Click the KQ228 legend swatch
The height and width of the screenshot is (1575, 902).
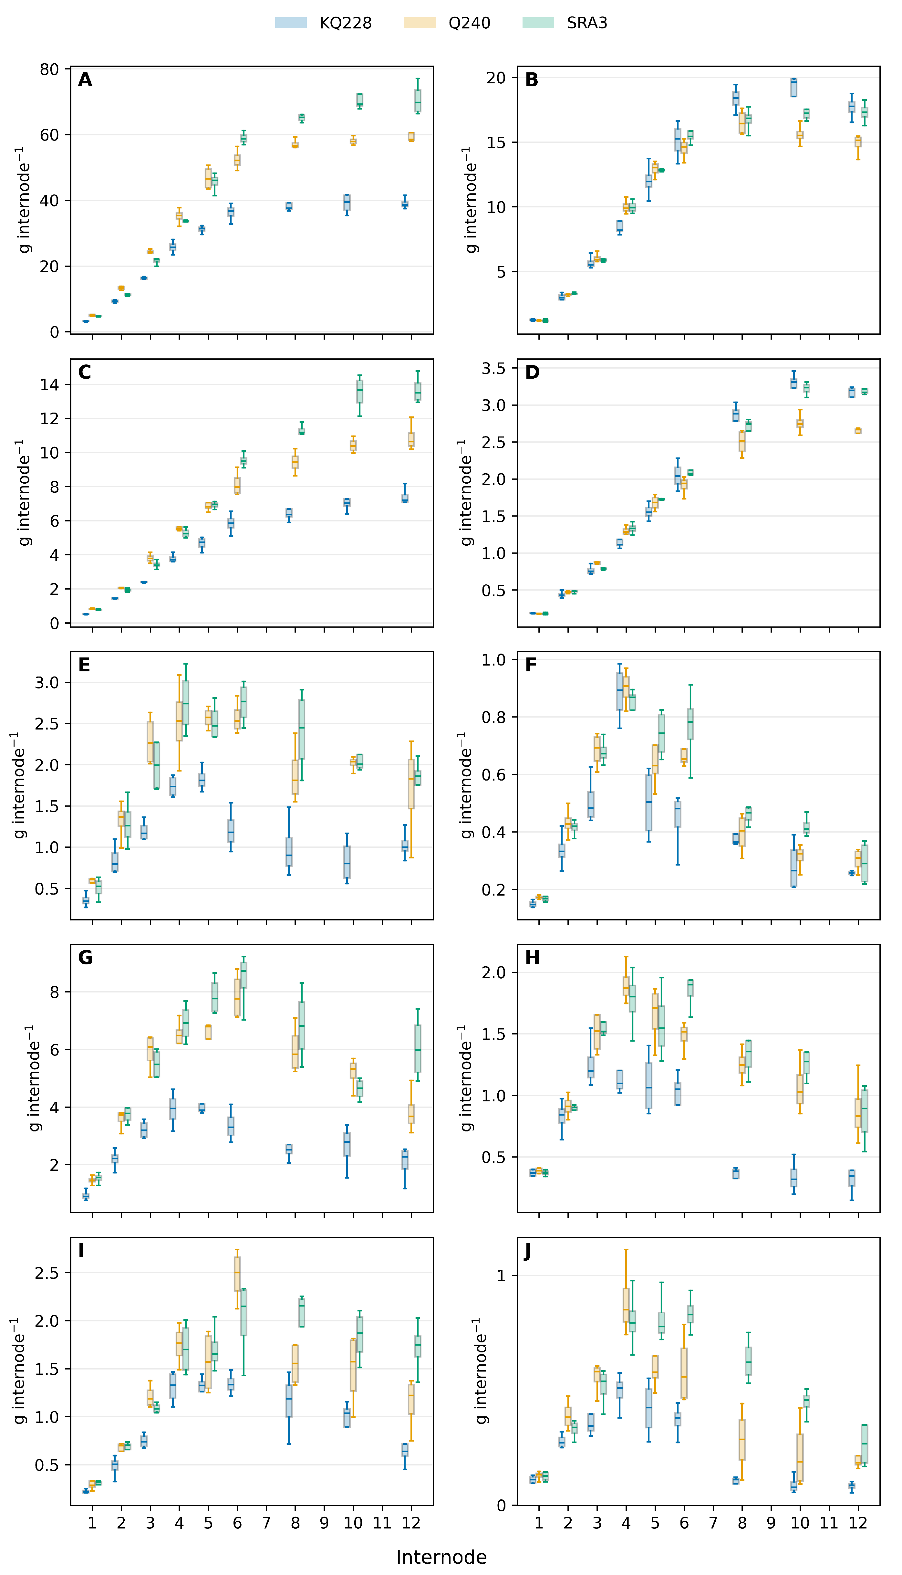[x=291, y=23]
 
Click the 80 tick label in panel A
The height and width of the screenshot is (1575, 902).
[x=49, y=69]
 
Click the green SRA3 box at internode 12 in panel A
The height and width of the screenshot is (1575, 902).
[x=418, y=101]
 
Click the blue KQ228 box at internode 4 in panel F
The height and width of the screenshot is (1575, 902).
[x=619, y=691]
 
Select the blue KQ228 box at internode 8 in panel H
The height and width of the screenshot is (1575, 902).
[x=735, y=1173]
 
